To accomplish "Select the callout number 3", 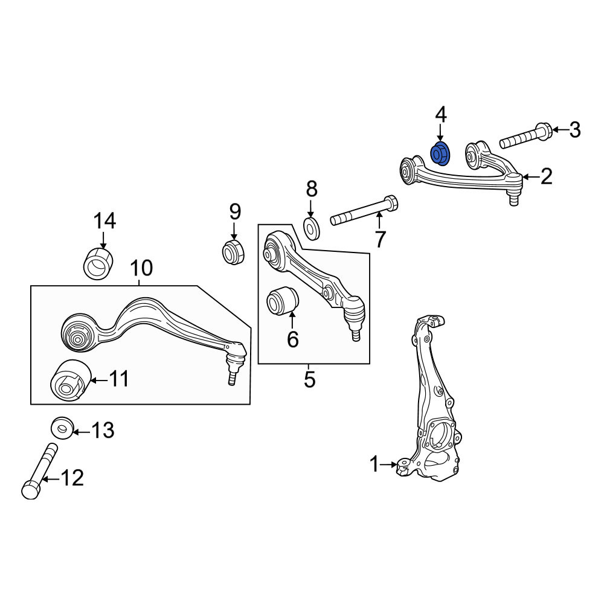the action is coord(575,130).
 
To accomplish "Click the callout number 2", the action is coord(546,177).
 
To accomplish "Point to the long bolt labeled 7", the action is coord(364,211).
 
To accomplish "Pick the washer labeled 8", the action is coord(311,228).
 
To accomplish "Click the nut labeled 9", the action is coord(233,252).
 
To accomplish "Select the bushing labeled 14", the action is coord(98,263).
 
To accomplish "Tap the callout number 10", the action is coord(141,268).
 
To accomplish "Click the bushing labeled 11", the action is coord(71,381).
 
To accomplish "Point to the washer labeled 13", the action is coord(62,428).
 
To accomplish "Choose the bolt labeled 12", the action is coord(39,472).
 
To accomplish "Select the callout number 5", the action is coord(310,379).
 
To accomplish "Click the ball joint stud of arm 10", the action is coord(231,378).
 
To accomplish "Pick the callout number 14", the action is coord(104,221).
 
